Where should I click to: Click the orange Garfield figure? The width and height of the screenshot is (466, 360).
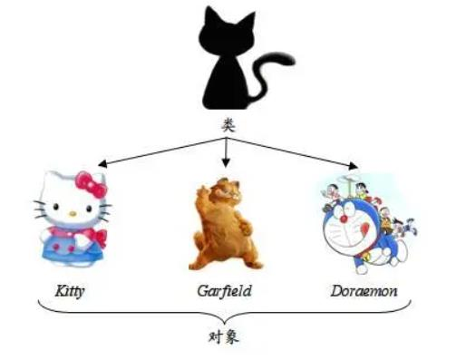224,227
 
